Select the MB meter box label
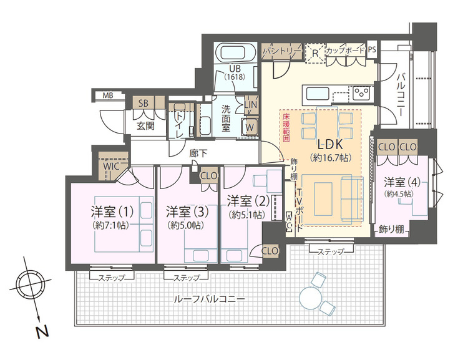point(108,96)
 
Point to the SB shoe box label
point(143,103)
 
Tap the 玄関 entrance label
point(145,125)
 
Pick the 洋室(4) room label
point(402,182)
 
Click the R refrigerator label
point(315,53)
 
